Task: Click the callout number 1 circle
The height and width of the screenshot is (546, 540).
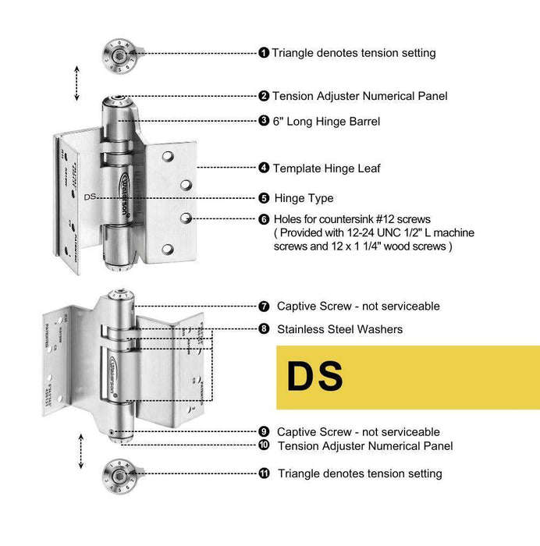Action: [x=264, y=53]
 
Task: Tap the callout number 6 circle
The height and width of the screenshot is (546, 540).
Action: [x=264, y=219]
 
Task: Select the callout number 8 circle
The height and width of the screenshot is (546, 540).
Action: [x=264, y=329]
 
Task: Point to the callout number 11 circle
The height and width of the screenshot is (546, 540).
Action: [x=264, y=473]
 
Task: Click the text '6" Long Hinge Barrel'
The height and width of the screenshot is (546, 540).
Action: [x=326, y=121]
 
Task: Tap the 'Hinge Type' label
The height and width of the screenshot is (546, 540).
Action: [x=303, y=198]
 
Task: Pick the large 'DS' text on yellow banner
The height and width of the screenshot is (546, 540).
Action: [x=315, y=378]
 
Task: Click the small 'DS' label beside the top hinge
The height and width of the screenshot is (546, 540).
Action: [x=89, y=197]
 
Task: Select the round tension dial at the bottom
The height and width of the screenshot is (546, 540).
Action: [x=116, y=473]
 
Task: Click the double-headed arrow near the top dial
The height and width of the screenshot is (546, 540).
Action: [x=76, y=83]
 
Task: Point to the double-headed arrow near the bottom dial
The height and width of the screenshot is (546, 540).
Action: [x=79, y=452]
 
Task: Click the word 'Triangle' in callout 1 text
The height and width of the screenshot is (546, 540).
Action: [x=294, y=53]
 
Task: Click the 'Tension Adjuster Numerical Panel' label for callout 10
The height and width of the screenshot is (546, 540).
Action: [x=365, y=446]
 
